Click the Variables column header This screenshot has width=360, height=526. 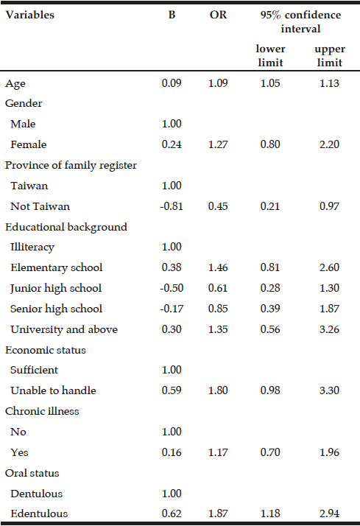coord(30,15)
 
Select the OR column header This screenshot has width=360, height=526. coord(218,15)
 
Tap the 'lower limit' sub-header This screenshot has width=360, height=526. coord(270,56)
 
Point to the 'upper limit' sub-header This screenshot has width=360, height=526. coord(330,56)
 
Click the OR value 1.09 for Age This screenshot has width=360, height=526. coord(218,83)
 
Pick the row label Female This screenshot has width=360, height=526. coord(29,144)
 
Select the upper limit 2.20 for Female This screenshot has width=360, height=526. coord(329,144)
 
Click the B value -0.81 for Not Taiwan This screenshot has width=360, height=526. coord(172,206)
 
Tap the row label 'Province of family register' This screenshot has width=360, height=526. coord(71,165)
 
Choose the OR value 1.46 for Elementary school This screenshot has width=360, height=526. coord(218,267)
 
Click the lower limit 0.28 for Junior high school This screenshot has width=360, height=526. coord(270,288)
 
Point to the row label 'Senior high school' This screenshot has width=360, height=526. coord(56,309)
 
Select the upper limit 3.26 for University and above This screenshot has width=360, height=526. coord(329,329)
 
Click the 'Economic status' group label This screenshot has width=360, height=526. coord(46,350)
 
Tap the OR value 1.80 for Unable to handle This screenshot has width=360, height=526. coord(218,390)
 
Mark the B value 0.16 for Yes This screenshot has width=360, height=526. coord(172,452)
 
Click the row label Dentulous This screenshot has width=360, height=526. coord(37,494)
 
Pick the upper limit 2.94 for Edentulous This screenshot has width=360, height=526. coord(329,513)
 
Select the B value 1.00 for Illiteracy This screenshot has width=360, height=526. coord(172,247)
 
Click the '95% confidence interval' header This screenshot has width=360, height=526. coord(300,22)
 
